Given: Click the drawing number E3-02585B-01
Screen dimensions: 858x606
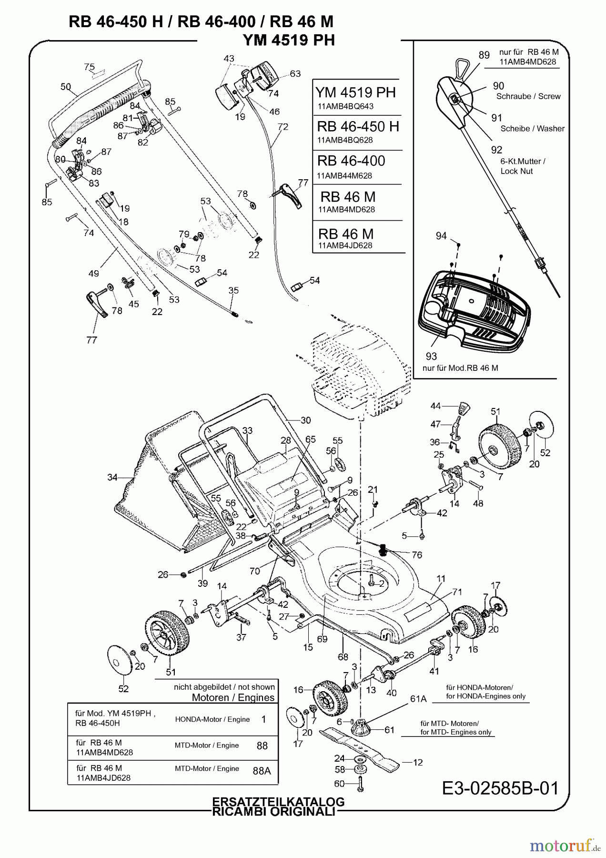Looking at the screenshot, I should tap(500, 787).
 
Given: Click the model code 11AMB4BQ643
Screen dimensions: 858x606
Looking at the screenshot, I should tap(345, 106).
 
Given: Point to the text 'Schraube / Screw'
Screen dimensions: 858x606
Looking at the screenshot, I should tap(528, 96).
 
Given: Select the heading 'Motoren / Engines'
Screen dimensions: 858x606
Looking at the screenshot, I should tap(233, 697).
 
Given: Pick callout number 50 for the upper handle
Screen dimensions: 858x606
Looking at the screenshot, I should tap(66, 87).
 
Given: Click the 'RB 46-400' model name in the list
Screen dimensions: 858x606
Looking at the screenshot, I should tap(351, 161).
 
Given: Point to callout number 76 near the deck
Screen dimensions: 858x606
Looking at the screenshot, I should tap(417, 555).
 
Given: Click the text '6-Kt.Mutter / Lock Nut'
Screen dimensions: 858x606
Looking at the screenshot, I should tap(523, 166).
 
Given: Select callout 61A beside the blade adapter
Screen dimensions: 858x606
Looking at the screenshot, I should tap(418, 699).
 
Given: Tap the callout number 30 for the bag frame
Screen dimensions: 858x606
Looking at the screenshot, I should tap(305, 420).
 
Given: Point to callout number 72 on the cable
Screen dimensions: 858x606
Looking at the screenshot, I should tap(283, 127).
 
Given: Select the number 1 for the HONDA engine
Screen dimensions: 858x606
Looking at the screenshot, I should tap(263, 719).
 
